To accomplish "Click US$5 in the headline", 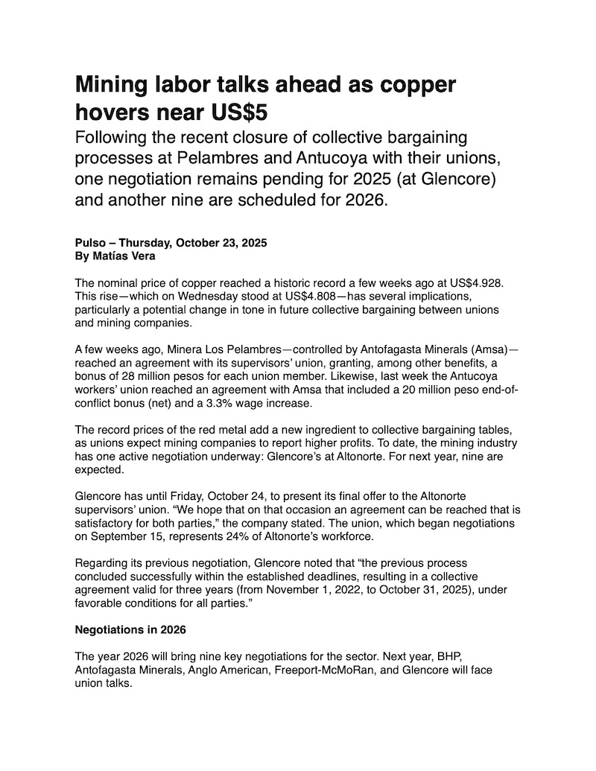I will [x=240, y=112].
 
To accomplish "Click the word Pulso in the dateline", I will [x=92, y=243].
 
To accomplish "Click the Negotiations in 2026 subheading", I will [x=130, y=629].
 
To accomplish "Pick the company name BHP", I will [x=456, y=657].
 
